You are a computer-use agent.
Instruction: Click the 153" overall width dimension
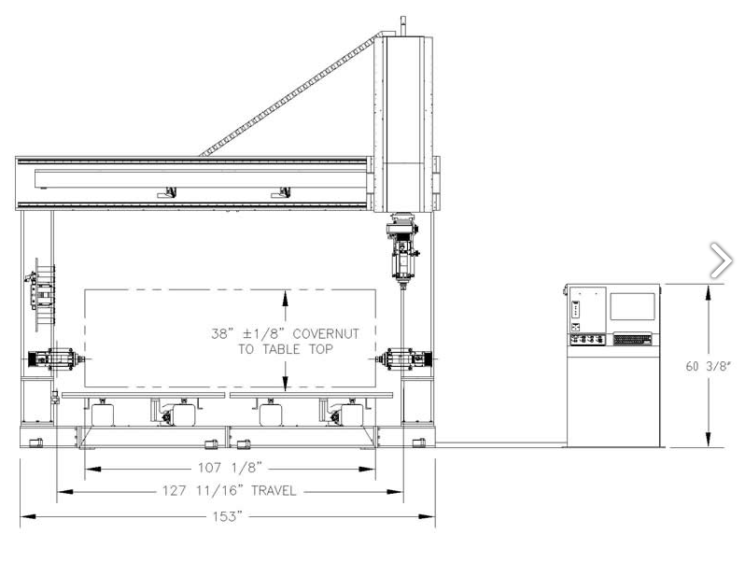228,516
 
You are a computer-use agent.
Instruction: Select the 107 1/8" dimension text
230,468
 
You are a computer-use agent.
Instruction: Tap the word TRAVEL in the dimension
274,491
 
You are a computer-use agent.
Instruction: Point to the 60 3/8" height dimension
708,366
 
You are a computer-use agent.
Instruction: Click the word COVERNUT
326,334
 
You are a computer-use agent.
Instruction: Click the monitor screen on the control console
632,306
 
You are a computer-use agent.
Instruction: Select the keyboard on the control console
632,339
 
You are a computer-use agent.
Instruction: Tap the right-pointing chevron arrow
722,260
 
